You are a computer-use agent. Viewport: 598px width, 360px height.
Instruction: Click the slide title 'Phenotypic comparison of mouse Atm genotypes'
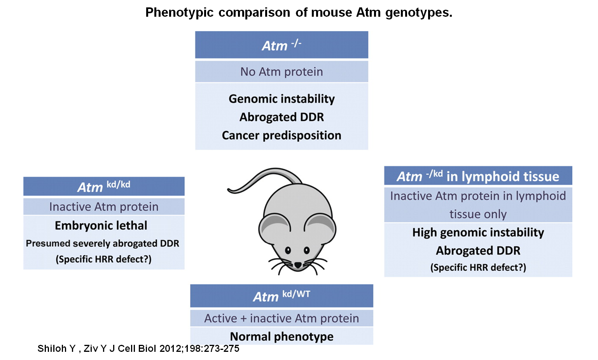(299, 13)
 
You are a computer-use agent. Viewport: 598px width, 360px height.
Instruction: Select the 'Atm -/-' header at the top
(282, 45)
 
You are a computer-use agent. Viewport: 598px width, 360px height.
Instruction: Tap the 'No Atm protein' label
(282, 72)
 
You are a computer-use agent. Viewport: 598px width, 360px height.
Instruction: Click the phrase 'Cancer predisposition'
(282, 135)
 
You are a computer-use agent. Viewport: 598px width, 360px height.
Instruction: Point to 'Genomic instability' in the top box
(282, 99)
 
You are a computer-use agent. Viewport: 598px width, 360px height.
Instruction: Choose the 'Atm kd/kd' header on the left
(104, 187)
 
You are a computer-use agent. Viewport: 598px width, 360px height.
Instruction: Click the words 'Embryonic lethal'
(101, 225)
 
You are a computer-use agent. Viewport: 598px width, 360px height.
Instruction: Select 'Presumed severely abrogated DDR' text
(103, 243)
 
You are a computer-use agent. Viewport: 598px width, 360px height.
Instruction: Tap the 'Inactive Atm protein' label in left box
(104, 207)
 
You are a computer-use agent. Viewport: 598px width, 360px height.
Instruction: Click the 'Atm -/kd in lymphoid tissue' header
(478, 176)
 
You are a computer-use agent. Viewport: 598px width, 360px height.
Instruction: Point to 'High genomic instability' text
(478, 232)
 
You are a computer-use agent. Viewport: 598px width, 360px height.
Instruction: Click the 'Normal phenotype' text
(282, 336)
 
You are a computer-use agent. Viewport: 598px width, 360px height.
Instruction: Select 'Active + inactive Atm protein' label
(282, 318)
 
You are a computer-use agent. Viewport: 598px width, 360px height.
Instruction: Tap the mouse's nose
(297, 265)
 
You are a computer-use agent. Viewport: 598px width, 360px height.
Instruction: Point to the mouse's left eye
(288, 250)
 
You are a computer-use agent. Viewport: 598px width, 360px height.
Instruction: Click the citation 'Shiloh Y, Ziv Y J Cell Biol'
(138, 349)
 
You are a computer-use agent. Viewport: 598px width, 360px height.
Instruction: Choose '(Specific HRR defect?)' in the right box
(478, 267)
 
